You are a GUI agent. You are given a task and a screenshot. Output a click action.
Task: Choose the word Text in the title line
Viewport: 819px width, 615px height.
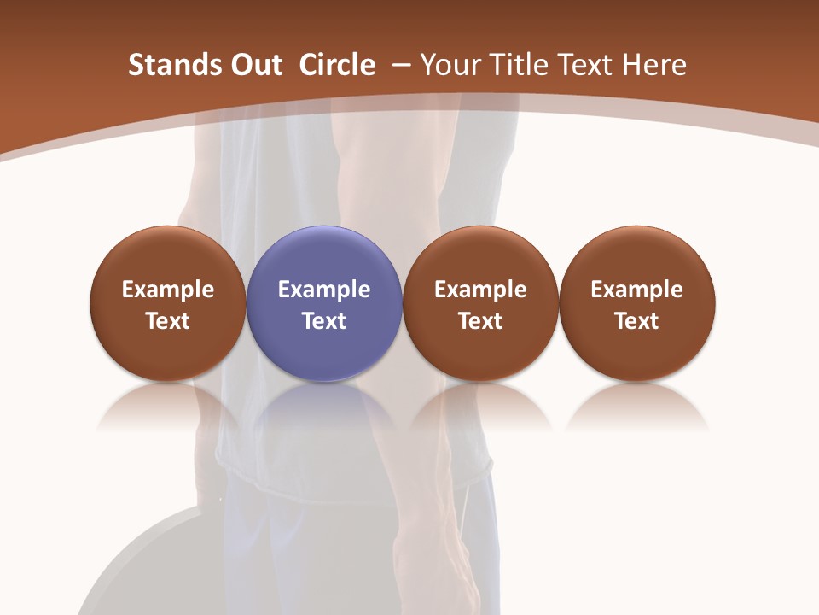(584, 65)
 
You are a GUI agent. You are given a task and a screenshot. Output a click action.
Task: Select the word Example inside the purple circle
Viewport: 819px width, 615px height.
(324, 290)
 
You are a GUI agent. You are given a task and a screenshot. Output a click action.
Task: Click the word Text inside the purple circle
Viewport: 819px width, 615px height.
(324, 321)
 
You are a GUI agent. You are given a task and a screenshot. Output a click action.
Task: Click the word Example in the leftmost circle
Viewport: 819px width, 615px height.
(168, 290)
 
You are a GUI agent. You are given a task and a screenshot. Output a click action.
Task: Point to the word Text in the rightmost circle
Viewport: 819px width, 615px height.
(637, 321)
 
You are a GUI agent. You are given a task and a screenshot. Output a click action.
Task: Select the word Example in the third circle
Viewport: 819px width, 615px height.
(480, 290)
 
